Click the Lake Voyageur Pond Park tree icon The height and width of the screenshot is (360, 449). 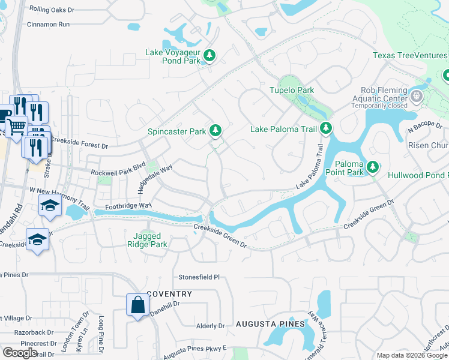(x=209, y=56)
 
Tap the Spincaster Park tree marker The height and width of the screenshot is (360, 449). (x=215, y=131)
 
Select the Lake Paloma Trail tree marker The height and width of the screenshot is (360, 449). (x=325, y=128)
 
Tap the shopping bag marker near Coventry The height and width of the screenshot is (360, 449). (x=138, y=305)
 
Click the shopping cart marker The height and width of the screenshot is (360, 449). (x=17, y=125)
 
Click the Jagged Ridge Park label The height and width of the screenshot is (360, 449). (x=147, y=240)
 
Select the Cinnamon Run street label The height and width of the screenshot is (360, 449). (x=49, y=25)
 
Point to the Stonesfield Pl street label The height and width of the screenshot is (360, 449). (x=200, y=278)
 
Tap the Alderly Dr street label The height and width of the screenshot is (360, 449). (x=210, y=326)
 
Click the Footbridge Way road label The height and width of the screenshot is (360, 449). (x=127, y=206)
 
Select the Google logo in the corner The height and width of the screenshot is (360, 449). (x=20, y=353)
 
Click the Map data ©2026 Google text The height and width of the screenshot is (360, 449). (x=411, y=355)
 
